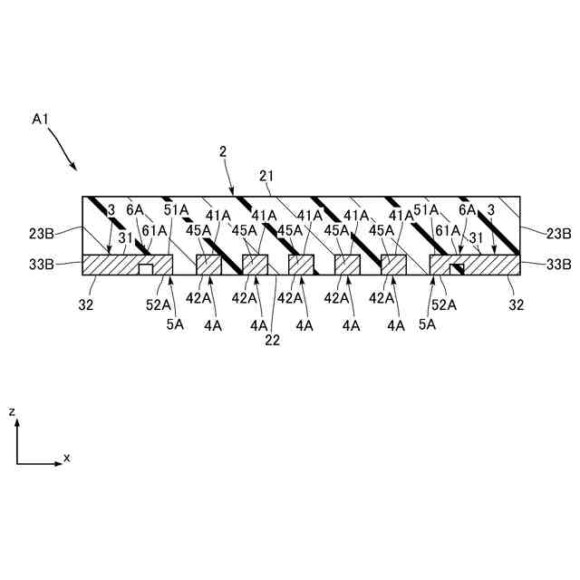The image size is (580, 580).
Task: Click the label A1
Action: (40, 119)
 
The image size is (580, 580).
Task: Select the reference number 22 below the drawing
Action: (271, 341)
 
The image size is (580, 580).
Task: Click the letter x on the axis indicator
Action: (67, 459)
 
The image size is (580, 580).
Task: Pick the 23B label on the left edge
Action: (43, 233)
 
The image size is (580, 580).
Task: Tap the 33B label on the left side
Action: (43, 265)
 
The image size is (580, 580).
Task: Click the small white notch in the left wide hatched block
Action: (145, 268)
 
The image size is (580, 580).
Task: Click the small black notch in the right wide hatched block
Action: (458, 268)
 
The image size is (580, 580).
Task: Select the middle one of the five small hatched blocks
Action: (301, 264)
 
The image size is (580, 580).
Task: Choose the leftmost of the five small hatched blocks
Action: (208, 264)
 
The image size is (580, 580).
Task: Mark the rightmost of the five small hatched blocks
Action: (393, 264)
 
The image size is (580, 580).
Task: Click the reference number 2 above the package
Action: (223, 151)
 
